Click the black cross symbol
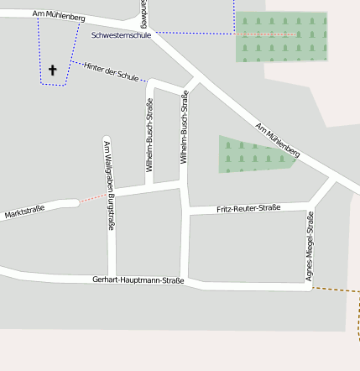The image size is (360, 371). click(52, 71)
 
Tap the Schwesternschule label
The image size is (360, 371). click(122, 36)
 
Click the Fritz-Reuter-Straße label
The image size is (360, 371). click(248, 207)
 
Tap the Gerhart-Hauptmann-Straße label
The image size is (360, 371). click(138, 280)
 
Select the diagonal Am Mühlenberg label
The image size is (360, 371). click(278, 139)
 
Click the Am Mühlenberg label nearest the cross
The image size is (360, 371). click(59, 16)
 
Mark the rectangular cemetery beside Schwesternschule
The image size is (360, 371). click(280, 36)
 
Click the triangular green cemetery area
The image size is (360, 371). click(252, 154)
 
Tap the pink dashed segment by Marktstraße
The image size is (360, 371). click(94, 199)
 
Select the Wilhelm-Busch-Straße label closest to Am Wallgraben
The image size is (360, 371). click(150, 135)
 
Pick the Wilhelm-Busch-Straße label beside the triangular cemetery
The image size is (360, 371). click(185, 128)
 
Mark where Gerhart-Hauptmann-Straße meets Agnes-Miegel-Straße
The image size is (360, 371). click(309, 286)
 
